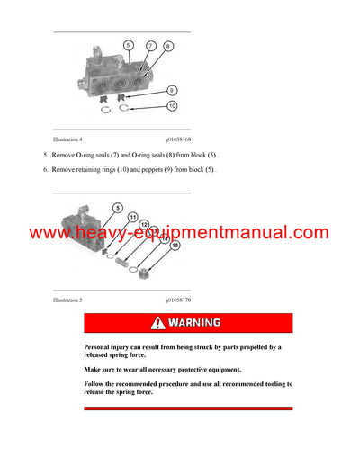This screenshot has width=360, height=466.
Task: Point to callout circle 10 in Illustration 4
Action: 172,107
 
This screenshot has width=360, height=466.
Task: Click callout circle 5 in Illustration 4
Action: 129,45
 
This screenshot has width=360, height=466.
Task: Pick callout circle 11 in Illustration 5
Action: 131,217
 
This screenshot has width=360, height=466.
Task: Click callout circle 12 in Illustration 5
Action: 144,224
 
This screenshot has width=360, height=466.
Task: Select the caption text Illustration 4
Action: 67,139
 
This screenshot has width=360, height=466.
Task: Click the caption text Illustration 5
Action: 67,300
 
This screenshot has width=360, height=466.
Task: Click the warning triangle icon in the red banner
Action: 159,322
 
